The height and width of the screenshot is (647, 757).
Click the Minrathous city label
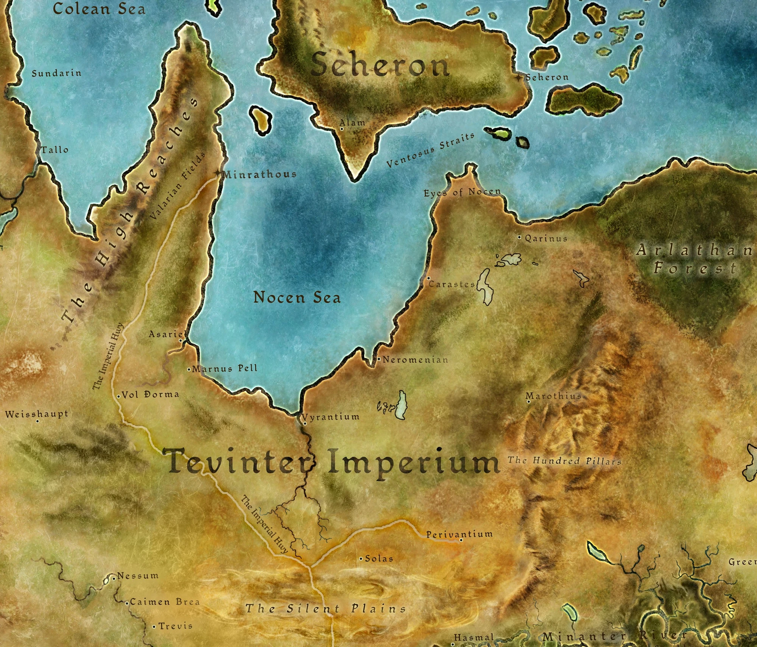(260, 175)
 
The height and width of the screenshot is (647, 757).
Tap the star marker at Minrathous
(217, 173)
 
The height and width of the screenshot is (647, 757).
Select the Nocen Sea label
(297, 298)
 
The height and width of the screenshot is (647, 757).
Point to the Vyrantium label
(331, 417)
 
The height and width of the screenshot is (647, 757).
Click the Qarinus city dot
(520, 237)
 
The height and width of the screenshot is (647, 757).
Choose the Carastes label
(452, 284)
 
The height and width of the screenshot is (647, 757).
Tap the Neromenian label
(415, 360)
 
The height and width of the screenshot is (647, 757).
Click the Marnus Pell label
(225, 368)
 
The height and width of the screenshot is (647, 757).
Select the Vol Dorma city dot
(118, 396)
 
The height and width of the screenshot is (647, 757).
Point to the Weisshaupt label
(37, 414)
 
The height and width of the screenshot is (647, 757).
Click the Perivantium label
(459, 534)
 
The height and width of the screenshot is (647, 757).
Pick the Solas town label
(379, 558)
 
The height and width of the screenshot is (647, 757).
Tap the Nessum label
(138, 576)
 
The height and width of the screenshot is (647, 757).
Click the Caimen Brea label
(165, 602)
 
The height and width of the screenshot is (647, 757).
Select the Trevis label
(175, 626)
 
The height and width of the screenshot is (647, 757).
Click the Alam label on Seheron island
(352, 123)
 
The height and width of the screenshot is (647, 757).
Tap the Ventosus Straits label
(430, 150)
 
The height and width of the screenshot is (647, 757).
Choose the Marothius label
(553, 396)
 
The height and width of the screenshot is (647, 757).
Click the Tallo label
(55, 150)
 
